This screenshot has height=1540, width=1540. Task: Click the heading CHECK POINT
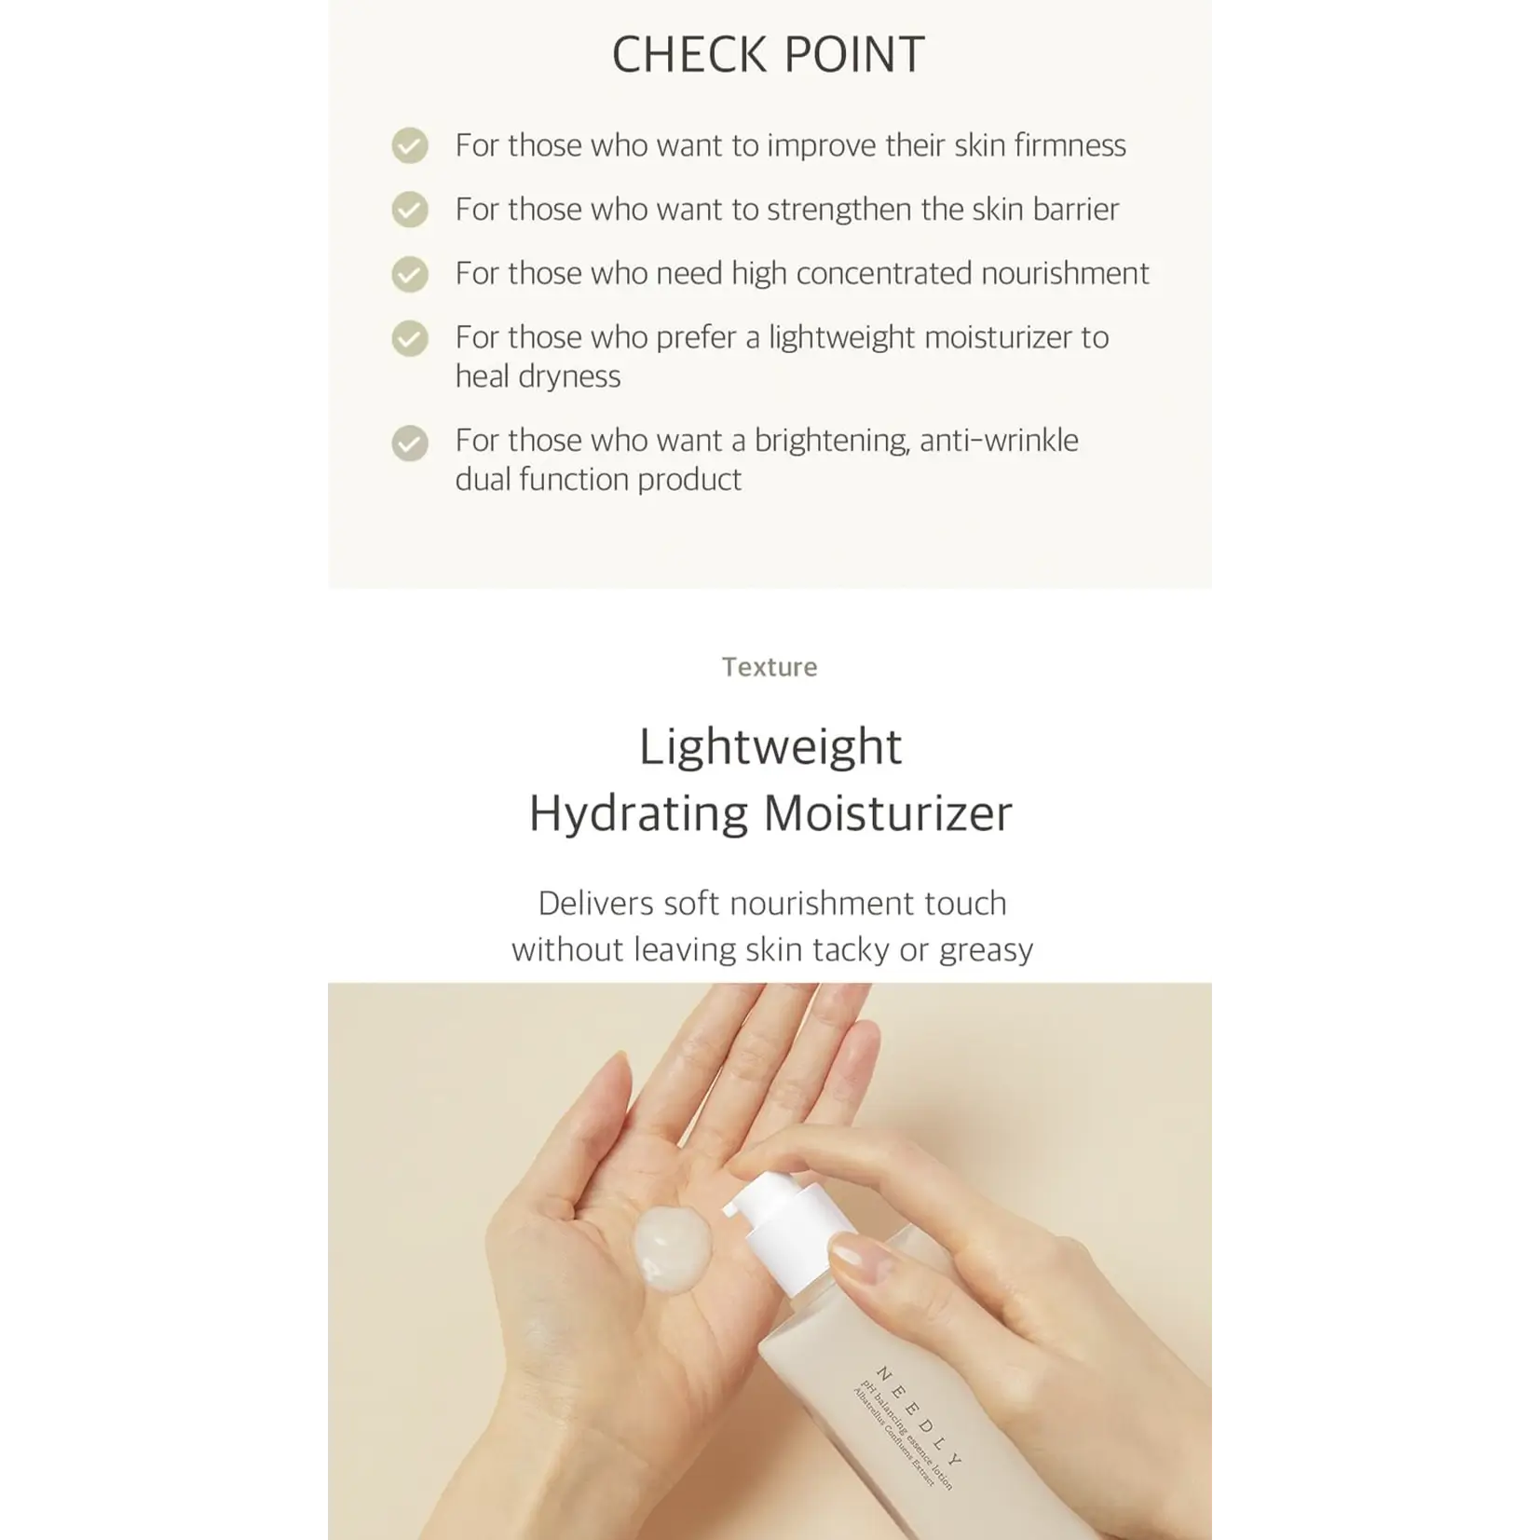point(769,55)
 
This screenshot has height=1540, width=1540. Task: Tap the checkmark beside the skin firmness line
point(410,145)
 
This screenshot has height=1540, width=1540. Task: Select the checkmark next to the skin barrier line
point(410,210)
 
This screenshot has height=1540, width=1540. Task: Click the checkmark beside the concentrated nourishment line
point(410,274)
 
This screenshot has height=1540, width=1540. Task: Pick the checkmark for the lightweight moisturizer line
point(410,338)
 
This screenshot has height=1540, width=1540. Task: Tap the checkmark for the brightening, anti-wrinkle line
point(410,443)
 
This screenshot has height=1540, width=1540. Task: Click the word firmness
point(1070,145)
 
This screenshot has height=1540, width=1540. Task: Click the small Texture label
point(770,667)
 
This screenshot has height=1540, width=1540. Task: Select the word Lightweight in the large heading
point(770,747)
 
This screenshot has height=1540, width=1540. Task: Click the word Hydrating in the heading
point(638,813)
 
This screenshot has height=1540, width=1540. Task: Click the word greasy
point(986,950)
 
